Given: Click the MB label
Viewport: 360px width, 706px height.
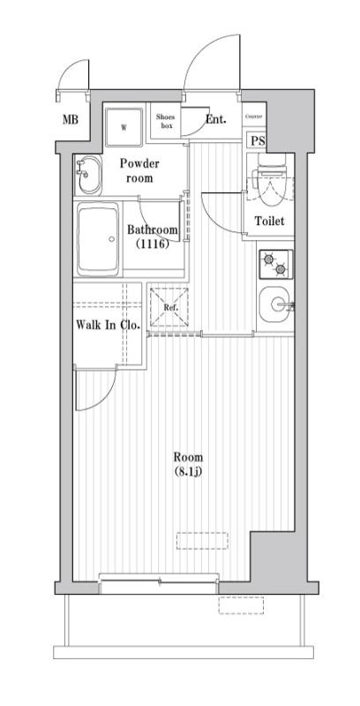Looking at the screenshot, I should coord(68,119).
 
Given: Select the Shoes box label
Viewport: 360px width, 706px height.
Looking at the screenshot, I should coord(165,122).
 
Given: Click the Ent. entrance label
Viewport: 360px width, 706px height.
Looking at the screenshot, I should coord(215,119).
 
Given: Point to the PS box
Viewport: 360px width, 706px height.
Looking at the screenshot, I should coord(258,140).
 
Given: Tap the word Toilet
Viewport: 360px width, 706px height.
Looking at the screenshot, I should coord(269,221).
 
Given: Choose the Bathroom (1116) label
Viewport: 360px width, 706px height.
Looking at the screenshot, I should coord(153,237).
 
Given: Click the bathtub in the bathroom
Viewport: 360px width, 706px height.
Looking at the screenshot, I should coord(100,239).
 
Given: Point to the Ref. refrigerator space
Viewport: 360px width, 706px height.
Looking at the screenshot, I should coord(169,308).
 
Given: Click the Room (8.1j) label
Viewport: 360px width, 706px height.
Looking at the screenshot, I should coord(188,464).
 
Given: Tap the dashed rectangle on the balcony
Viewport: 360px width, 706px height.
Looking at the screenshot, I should coord(241,605).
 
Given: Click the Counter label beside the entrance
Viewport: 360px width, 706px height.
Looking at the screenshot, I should coord(254,116).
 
